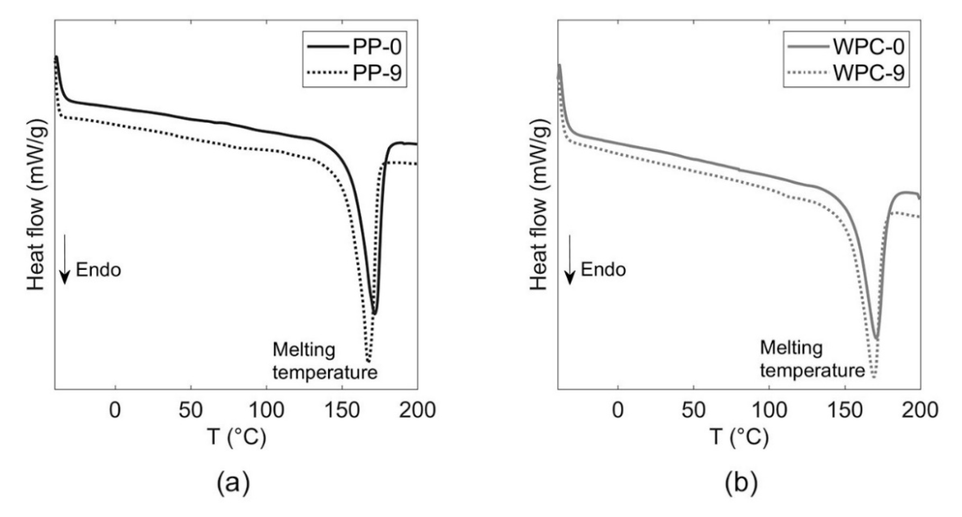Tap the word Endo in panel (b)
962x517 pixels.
pyautogui.click(x=603, y=270)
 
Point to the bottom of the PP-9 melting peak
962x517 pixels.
pyautogui.click(x=368, y=361)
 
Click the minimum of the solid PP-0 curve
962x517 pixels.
pyautogui.click(x=375, y=314)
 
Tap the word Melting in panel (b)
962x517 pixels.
pyautogui.click(x=791, y=348)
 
